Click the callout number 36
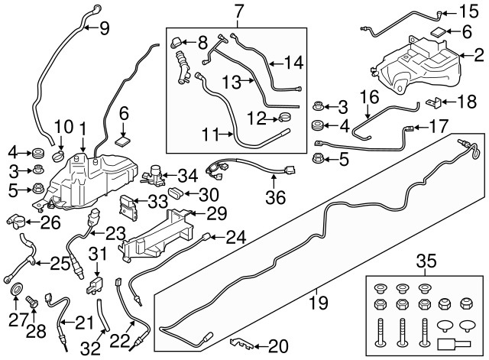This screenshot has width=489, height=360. (276, 197)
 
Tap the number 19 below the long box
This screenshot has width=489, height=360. (319, 302)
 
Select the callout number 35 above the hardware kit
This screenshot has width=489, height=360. (426, 261)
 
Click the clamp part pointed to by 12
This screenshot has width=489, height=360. (284, 118)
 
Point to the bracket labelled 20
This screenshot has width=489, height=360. (241, 343)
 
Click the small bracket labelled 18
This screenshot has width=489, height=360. (434, 102)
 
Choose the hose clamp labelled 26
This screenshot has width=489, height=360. (16, 221)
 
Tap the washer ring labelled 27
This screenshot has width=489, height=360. (17, 289)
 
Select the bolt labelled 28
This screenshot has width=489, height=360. (32, 301)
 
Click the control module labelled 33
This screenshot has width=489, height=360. (128, 207)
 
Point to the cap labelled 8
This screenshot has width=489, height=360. (176, 43)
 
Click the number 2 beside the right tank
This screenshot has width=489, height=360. (479, 56)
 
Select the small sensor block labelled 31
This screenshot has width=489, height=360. (94, 285)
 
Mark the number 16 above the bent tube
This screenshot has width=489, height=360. (369, 97)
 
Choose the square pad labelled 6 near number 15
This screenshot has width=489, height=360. (438, 31)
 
